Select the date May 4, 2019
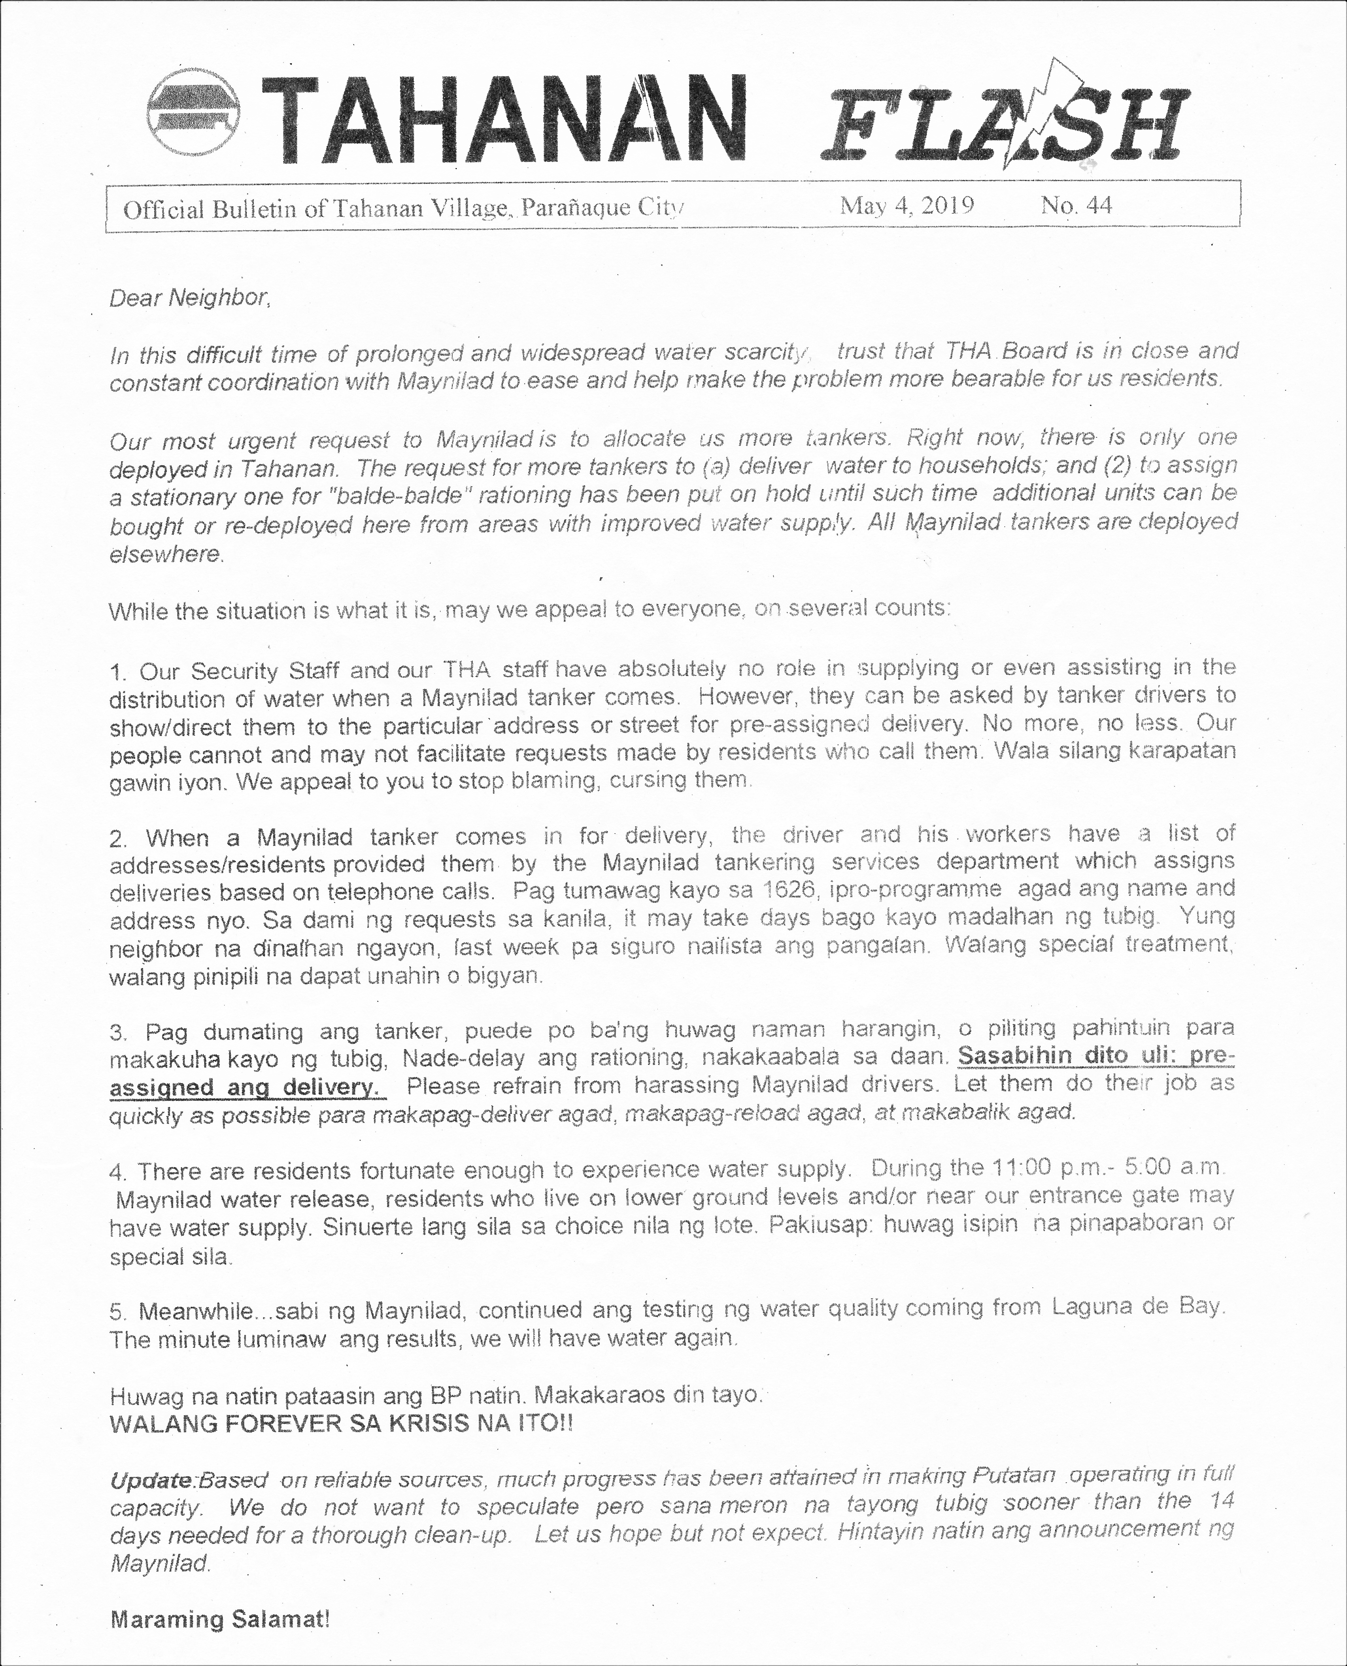906,206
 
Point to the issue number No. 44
1076,206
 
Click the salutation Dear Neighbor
190,298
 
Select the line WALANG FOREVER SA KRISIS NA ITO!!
341,1424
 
